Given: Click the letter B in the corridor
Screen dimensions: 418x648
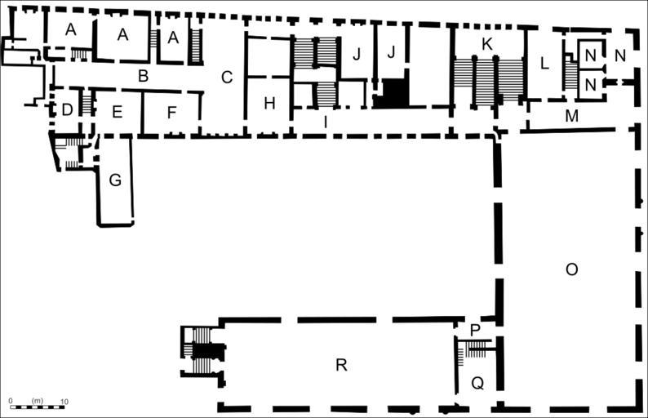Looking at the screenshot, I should [x=143, y=78].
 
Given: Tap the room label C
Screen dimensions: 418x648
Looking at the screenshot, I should [x=227, y=78].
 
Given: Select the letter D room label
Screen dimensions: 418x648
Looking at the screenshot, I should [x=67, y=109].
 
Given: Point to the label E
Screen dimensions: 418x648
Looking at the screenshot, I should [x=118, y=113].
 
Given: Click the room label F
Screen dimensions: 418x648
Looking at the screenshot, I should [x=171, y=113].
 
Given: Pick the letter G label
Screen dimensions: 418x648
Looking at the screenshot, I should [x=115, y=180].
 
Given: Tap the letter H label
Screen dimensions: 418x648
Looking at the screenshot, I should [x=269, y=104].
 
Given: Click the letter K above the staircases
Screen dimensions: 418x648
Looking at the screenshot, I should [x=487, y=46].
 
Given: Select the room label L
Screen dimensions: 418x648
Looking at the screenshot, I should [x=544, y=63].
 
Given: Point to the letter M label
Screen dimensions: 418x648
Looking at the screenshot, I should [x=571, y=117].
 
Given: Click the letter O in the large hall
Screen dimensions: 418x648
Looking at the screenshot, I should [x=571, y=269].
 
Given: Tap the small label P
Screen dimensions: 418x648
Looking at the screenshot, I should [x=475, y=330].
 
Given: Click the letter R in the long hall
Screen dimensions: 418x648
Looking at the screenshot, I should [x=341, y=365].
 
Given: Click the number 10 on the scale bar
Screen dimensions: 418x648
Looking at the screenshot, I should [x=64, y=401].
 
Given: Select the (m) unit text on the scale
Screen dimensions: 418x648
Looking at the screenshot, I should [x=37, y=401].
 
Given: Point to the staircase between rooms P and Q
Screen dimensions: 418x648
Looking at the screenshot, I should [x=477, y=350].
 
